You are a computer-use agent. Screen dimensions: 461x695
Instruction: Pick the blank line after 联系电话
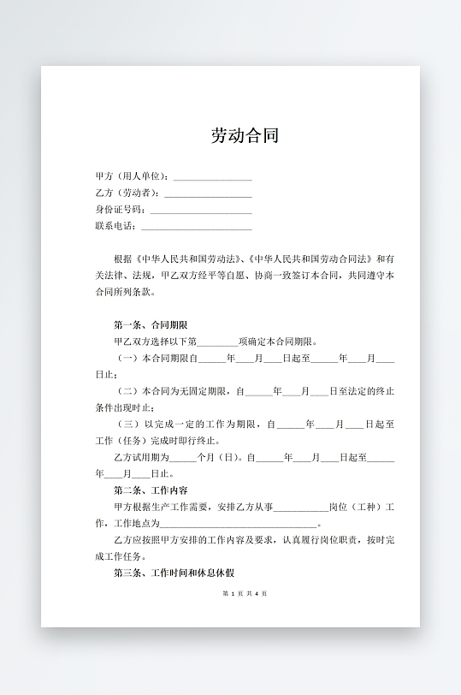(196, 227)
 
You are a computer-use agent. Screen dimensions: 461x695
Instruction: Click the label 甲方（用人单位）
(133, 176)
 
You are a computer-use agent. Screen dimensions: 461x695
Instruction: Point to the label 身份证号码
(120, 210)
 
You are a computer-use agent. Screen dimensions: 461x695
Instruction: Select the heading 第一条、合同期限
(151, 325)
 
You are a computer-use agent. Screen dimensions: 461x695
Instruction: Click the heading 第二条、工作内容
(151, 490)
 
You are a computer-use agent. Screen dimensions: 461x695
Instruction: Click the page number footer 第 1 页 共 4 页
(245, 593)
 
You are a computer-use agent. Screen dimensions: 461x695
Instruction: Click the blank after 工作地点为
(239, 523)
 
